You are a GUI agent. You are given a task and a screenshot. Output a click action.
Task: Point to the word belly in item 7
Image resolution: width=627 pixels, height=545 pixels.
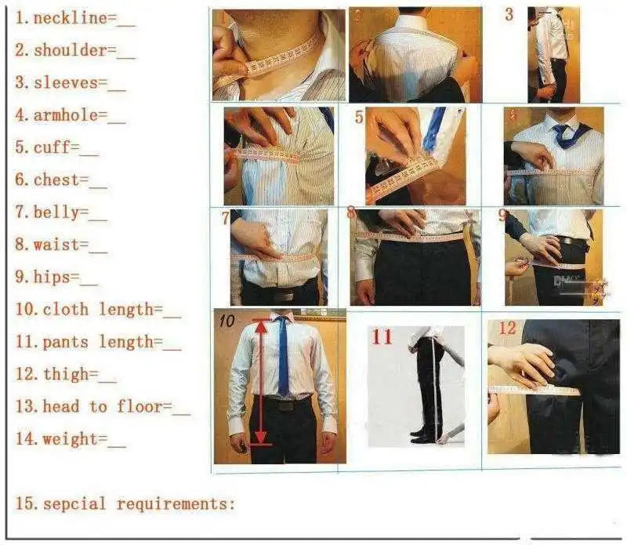coord(56,212)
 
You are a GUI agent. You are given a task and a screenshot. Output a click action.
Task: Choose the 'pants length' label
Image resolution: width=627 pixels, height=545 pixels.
coord(98,341)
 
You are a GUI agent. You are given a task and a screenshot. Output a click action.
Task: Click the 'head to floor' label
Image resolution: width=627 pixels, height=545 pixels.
coord(103,406)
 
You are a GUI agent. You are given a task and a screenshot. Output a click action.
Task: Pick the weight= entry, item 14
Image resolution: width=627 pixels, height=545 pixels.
coord(69,439)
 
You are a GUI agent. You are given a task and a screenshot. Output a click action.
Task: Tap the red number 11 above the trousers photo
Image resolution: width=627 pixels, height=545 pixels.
coord(382,337)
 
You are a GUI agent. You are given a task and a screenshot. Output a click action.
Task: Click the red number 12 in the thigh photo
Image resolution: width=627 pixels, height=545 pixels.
coord(508,328)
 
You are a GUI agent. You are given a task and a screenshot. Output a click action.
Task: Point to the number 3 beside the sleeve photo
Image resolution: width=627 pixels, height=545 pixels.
coord(509,15)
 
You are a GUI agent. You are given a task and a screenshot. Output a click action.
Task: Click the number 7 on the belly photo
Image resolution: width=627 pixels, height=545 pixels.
coord(225,218)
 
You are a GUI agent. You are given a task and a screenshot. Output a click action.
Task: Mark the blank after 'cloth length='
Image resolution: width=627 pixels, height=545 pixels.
coord(172,311)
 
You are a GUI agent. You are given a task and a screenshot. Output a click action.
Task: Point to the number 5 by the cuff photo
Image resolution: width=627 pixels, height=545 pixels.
coord(359,118)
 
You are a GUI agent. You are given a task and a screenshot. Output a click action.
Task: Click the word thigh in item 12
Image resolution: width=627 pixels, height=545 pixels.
coord(66,374)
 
